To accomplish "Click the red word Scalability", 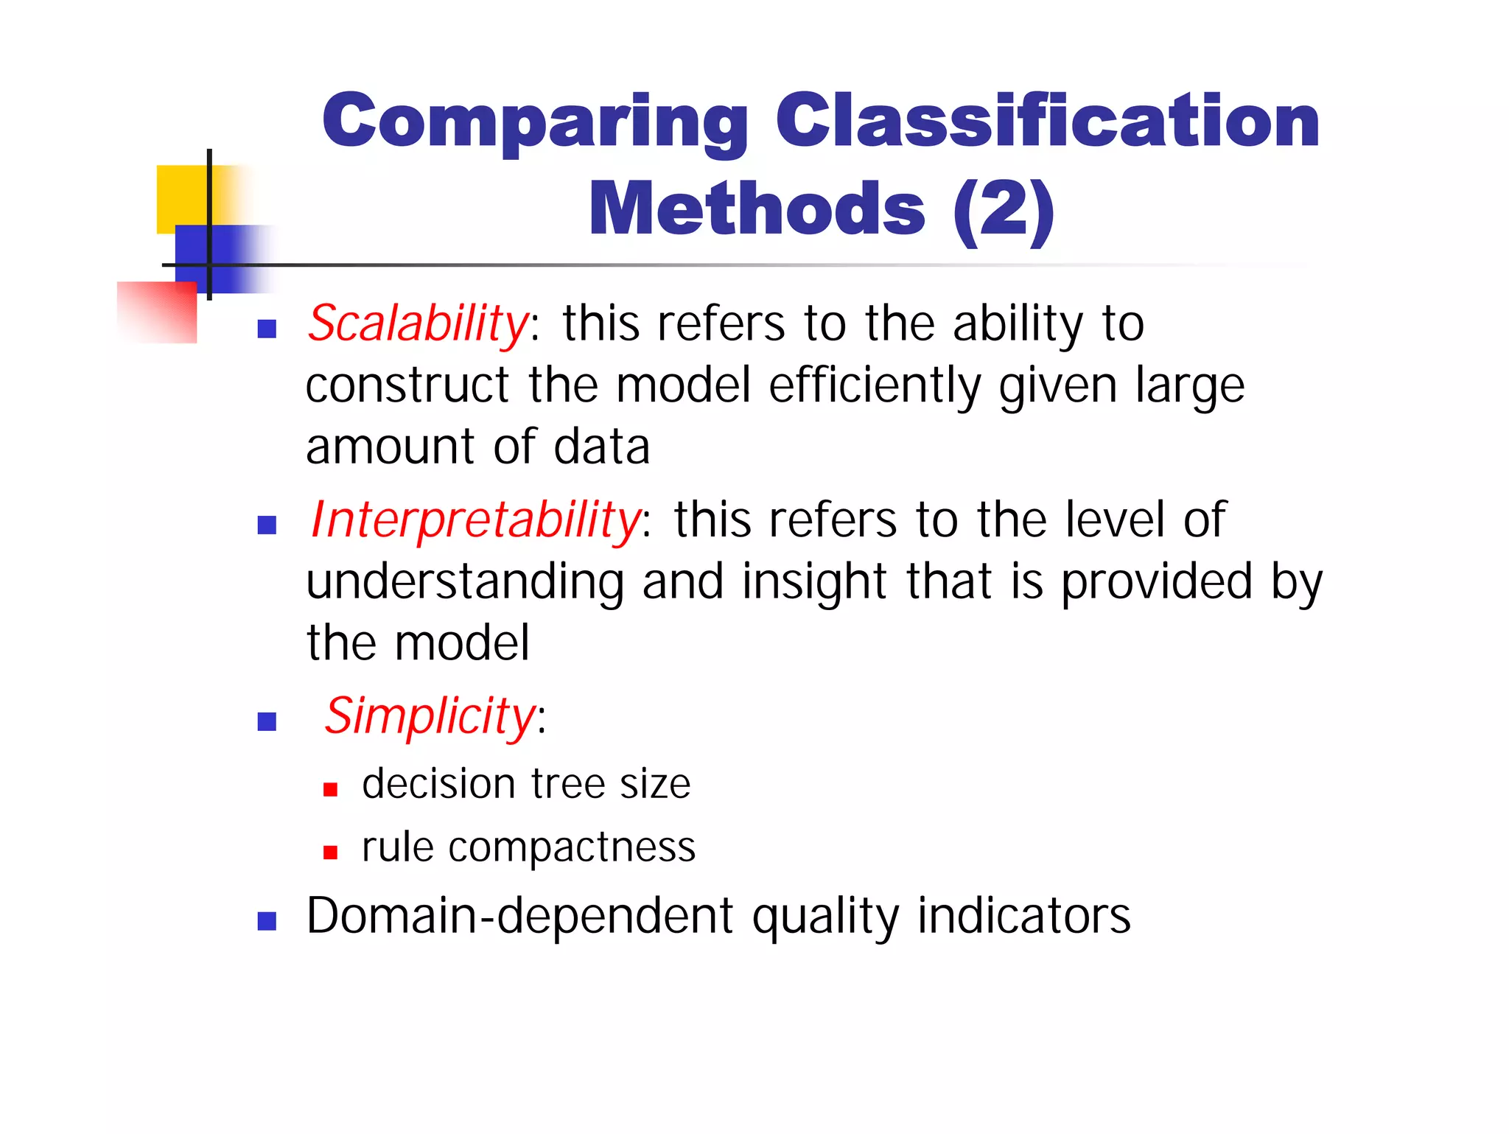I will point(417,324).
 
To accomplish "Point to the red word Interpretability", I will point(475,520).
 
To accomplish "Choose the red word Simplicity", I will point(430,716).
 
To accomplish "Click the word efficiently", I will point(875,386).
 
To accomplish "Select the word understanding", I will point(464,583).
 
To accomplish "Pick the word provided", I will point(1156,583).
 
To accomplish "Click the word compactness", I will point(572,847).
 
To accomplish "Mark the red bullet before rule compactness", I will point(330,853).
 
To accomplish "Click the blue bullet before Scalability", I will point(267,329).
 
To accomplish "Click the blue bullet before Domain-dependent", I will point(267,921).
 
